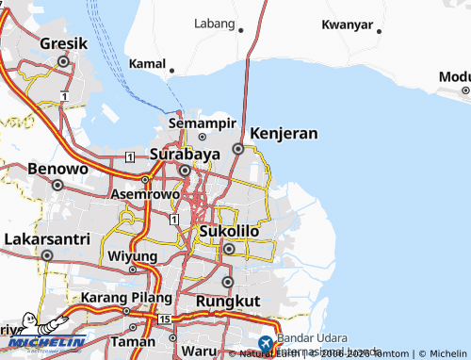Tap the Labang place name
[x=215, y=23]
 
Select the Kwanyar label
[x=347, y=25]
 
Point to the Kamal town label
[x=147, y=63]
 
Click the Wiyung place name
[x=131, y=256]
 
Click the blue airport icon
[x=266, y=342]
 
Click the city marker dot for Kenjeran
[x=238, y=149]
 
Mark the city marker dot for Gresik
[x=63, y=61]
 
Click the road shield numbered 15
[x=166, y=321]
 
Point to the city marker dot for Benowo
[x=57, y=186]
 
